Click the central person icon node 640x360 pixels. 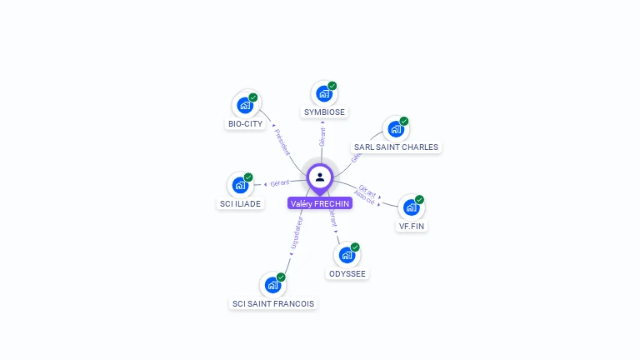[x=320, y=177]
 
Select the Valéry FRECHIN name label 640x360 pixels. [x=320, y=203]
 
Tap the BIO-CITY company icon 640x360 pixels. [x=245, y=105]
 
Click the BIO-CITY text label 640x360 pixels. [x=245, y=124]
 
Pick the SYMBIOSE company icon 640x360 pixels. [x=324, y=93]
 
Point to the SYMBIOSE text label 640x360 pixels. [x=324, y=112]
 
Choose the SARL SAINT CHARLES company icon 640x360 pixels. [x=396, y=129]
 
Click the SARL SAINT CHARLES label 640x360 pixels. [x=396, y=147]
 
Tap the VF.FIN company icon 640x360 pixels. [x=412, y=207]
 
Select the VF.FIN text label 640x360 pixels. [x=412, y=226]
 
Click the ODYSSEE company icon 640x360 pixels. [x=347, y=255]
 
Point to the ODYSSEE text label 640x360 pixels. [x=347, y=274]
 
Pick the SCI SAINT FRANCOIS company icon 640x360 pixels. [x=272, y=285]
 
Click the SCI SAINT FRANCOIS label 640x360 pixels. [x=272, y=304]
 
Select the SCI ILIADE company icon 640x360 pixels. [x=240, y=185]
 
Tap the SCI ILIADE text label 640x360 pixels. [x=239, y=203]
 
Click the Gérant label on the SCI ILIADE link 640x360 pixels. [x=279, y=182]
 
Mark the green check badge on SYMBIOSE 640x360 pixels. [x=332, y=86]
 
